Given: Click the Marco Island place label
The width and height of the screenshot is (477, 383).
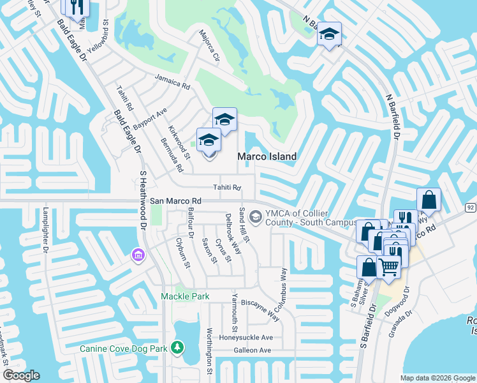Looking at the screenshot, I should (x=267, y=156).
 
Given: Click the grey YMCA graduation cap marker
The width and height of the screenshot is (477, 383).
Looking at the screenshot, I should (x=256, y=218).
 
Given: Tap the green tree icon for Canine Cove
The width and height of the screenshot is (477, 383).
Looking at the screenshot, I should (x=177, y=348).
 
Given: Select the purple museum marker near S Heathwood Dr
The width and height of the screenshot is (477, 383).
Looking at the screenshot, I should (x=137, y=255).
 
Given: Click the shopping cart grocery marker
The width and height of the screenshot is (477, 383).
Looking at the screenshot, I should (x=388, y=266).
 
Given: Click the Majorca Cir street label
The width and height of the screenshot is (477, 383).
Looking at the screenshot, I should (x=209, y=45).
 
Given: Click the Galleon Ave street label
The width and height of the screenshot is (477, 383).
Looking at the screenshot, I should (x=252, y=350).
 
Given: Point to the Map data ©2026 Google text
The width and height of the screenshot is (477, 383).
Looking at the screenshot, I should (x=437, y=378).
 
